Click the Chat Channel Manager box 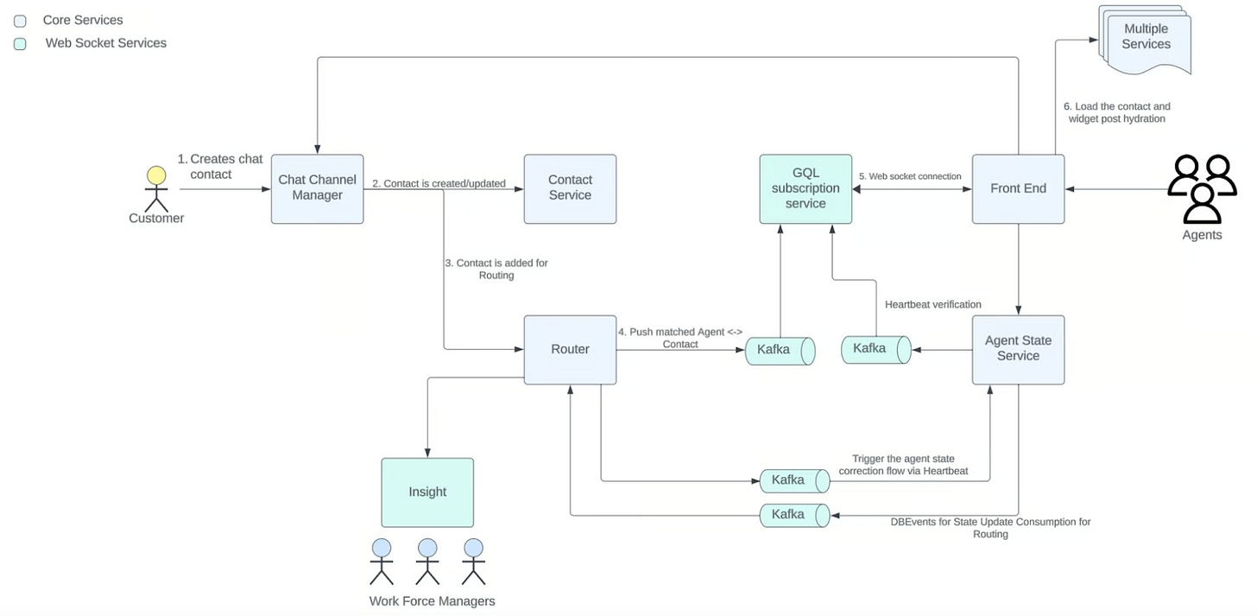[317, 188]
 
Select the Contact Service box [570, 188]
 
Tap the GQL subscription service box [805, 188]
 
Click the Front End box [1018, 188]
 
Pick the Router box [570, 349]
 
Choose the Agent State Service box [1018, 349]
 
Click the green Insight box [427, 492]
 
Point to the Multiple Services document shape [1145, 39]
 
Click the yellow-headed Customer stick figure [156, 189]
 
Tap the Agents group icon [1202, 189]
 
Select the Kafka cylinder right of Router [780, 351]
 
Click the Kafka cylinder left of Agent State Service [876, 350]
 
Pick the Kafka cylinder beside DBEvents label [794, 515]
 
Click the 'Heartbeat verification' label [932, 304]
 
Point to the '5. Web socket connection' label [910, 176]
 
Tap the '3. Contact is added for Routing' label [496, 269]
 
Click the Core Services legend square [20, 22]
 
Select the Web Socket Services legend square [20, 44]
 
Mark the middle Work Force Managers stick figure [427, 562]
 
